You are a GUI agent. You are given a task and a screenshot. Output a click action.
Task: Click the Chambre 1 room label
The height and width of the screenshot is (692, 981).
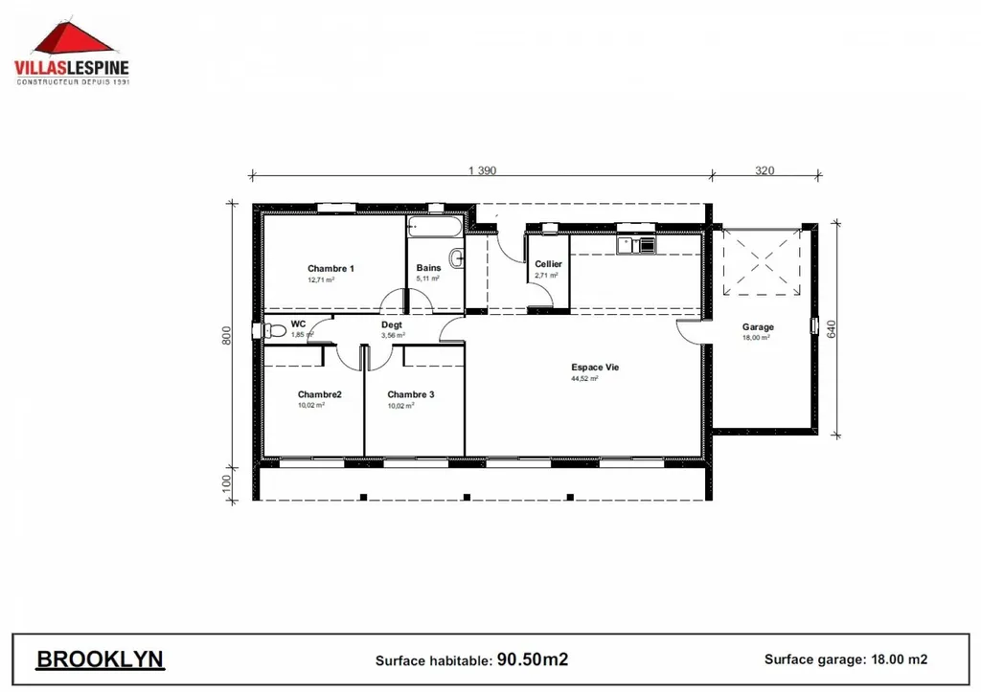[331, 269]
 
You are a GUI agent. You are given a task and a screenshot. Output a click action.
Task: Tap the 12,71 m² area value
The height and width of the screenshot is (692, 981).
[320, 281]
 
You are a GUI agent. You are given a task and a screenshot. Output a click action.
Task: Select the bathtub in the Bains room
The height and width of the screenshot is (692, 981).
[433, 228]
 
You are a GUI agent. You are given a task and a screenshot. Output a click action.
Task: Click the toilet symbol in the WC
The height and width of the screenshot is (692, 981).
[276, 330]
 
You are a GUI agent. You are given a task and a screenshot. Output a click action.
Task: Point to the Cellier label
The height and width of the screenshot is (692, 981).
[548, 264]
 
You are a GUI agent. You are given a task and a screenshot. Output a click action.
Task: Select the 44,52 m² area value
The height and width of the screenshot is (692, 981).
[584, 379]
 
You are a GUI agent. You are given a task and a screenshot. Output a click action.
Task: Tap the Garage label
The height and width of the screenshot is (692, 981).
[758, 327]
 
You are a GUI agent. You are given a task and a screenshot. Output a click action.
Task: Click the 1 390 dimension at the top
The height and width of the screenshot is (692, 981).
[482, 171]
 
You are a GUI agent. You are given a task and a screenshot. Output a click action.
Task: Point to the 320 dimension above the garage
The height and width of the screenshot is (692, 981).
[764, 171]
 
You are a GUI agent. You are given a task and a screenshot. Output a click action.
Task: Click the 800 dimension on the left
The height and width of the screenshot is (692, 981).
[227, 336]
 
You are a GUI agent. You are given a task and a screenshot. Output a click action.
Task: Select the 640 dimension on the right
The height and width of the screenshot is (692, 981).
[832, 328]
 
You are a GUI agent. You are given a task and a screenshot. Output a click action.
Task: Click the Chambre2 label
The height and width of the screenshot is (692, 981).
[319, 394]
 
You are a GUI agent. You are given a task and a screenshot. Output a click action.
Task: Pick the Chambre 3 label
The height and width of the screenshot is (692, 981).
[411, 394]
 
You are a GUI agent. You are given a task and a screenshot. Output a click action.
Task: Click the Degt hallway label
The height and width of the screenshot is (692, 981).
[391, 324]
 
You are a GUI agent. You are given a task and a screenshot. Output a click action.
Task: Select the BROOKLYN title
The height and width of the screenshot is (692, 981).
[100, 659]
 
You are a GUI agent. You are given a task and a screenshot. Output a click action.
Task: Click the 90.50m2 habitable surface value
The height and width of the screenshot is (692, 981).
[533, 659]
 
